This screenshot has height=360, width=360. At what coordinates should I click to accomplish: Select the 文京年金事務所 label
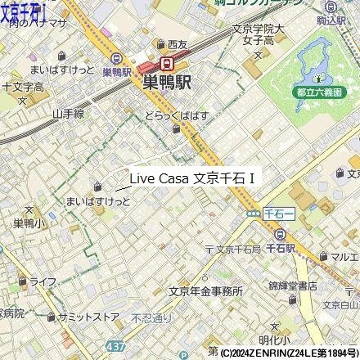[x=205, y=290]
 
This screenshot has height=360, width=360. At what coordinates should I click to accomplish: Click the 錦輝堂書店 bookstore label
[x=292, y=286]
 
